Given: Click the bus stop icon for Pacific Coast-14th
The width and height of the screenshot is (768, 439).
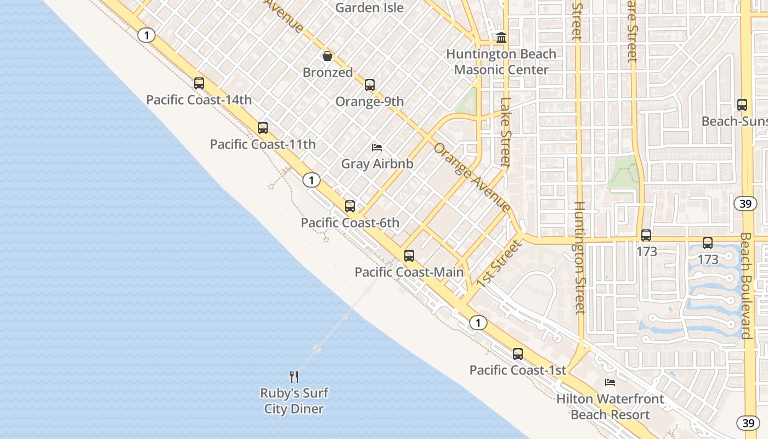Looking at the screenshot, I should pos(199,83).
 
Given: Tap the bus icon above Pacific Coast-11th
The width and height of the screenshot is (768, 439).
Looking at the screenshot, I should pos(263,128).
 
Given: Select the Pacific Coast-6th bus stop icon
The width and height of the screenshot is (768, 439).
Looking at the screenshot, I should pos(350,206).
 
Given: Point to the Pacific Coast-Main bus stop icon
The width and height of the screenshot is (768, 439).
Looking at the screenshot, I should pos(409,255).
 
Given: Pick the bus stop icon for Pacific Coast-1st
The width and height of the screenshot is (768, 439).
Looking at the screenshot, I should pos(518,354).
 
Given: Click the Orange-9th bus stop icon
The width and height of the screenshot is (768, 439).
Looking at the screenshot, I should pos(370,85).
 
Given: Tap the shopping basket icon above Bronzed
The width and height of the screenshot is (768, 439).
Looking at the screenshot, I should pos(327,56).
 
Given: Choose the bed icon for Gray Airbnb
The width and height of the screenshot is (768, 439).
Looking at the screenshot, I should pos(377,147).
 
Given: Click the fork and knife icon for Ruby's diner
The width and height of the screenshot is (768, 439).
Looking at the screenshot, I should pos(294,376).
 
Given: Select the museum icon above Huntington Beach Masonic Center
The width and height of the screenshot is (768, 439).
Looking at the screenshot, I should pos(501,38).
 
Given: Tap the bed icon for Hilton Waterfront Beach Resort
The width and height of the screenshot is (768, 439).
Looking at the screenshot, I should pos(610,382).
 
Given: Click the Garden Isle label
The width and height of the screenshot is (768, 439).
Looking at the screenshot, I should pos(369,8).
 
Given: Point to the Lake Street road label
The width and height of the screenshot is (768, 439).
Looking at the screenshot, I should pos(505,132).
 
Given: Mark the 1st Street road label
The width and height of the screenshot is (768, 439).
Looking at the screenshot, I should pos(498,263).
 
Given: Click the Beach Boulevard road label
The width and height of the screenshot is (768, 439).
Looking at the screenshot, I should pos(746,285).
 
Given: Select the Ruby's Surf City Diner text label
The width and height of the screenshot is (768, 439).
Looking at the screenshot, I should pos(294,401).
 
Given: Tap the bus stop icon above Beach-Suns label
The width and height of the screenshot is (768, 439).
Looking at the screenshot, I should pos(742,105).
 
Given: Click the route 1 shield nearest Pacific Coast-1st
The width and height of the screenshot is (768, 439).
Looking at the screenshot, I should pos(478,323).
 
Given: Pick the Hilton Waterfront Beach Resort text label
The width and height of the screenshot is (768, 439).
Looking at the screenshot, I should pos(610,407).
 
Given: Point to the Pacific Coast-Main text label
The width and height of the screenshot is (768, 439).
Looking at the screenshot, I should pos(409,272).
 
